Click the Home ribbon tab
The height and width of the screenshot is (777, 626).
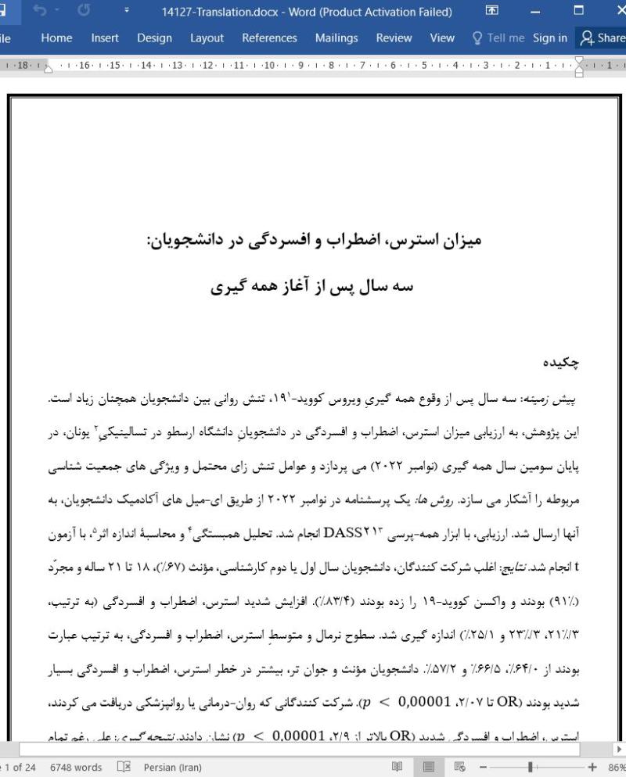tap(56, 38)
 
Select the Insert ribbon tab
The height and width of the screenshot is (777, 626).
tap(105, 38)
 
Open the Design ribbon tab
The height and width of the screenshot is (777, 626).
tap(154, 38)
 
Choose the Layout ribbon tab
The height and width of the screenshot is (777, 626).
tap(207, 38)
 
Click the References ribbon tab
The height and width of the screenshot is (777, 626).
tap(269, 38)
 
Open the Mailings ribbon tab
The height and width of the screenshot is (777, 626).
tap(336, 38)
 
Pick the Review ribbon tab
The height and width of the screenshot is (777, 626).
tap(394, 38)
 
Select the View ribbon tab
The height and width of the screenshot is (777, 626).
tap(442, 38)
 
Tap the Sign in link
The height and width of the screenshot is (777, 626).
tap(550, 38)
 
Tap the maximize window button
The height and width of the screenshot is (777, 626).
tap(579, 12)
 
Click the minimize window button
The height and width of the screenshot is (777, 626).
tap(535, 12)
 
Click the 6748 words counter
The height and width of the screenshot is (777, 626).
tap(76, 767)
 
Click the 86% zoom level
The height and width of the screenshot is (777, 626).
tap(614, 767)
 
